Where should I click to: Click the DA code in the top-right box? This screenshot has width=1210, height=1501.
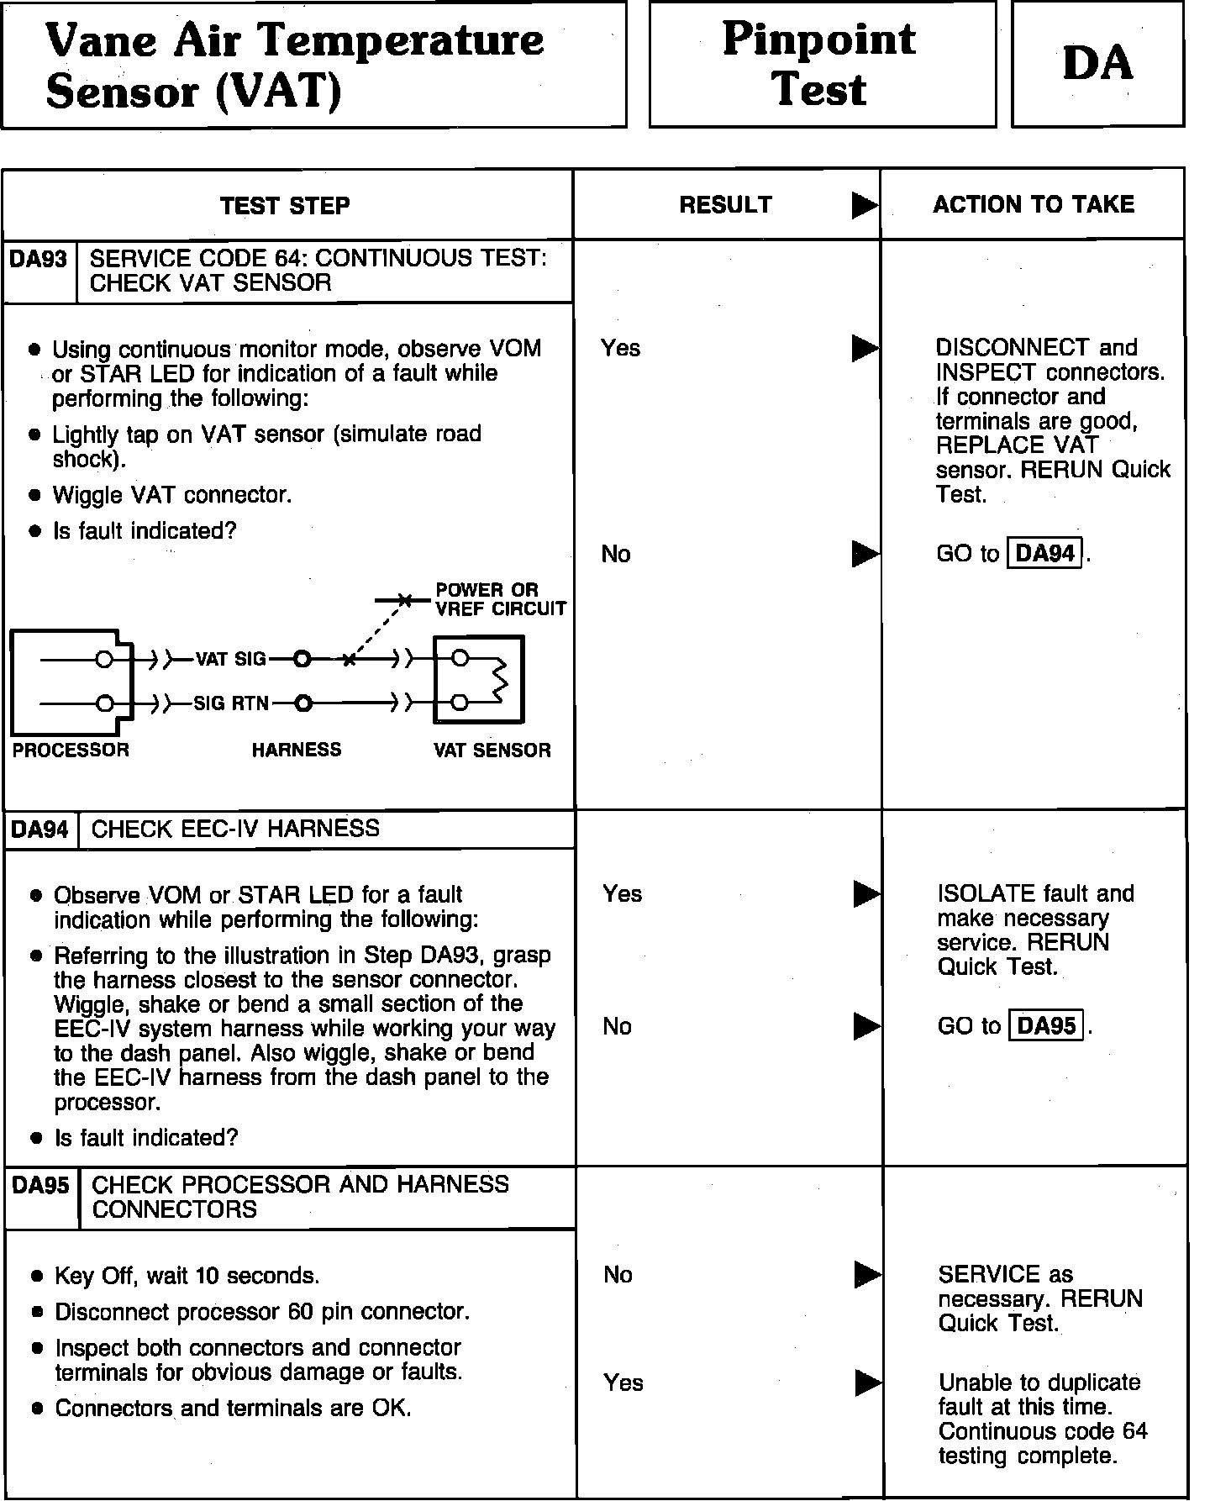1097,63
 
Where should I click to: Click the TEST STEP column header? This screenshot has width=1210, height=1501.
285,206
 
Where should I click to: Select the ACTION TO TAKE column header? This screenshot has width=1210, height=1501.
1034,204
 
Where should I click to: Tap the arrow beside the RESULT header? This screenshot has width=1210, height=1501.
864,205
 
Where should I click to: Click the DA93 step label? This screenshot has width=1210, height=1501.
39,259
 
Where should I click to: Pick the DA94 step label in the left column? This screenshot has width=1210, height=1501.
40,829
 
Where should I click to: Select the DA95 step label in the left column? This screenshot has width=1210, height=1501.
41,1185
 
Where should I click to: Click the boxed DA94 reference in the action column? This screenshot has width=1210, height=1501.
1045,553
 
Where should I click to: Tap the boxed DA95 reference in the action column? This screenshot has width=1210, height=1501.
1046,1026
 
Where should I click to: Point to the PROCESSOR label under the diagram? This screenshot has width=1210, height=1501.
71,750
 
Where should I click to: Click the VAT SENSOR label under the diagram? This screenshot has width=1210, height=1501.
492,750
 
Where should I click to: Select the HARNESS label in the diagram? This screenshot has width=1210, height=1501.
297,750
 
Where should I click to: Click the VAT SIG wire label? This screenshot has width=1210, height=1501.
230,660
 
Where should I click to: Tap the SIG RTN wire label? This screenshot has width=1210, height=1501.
231,703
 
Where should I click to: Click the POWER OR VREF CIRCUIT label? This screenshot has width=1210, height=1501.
500,599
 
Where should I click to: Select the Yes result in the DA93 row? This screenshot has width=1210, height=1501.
620,348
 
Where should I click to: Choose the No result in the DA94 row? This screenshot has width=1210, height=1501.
617,1026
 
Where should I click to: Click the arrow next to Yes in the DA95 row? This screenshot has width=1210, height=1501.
867,1382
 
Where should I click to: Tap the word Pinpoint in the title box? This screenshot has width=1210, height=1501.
818,39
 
